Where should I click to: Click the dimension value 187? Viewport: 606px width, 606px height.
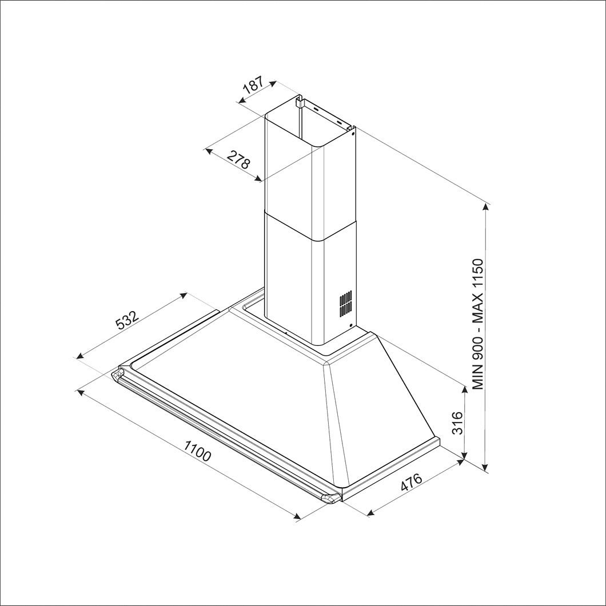pos(253,85)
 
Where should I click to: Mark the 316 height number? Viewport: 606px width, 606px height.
pos(457,422)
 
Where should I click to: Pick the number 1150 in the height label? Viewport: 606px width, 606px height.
pos(479,278)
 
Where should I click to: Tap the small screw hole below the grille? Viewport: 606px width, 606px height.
pos(350,326)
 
